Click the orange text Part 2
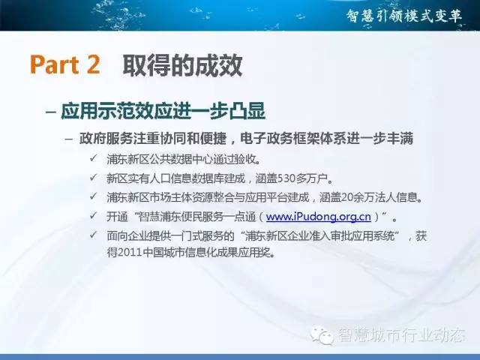coord(65,64)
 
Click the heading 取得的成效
coord(183,65)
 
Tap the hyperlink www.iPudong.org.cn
coord(319,217)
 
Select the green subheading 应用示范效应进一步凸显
coord(163,111)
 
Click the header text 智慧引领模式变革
coord(404,15)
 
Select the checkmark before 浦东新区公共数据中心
coord(93,158)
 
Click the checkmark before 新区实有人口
coord(93,177)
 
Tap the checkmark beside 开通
coord(93,216)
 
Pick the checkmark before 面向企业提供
coord(93,235)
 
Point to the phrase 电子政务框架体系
coord(293,138)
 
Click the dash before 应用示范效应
coord(50,112)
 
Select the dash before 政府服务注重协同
coord(69,139)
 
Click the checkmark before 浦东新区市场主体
coord(93,196)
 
